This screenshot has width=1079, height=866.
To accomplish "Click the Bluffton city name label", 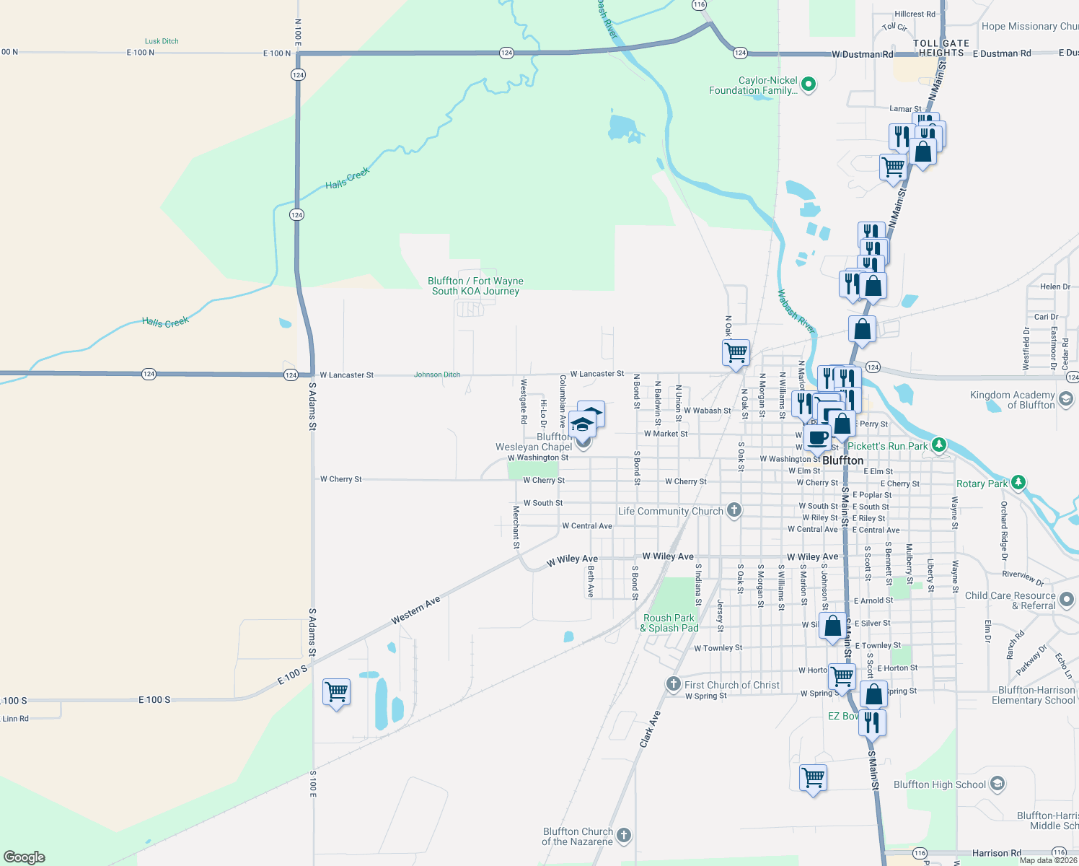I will coord(842,460).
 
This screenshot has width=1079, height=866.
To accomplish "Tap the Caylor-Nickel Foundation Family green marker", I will coord(809,84).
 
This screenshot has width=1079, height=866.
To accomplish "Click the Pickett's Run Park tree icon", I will coord(938,445).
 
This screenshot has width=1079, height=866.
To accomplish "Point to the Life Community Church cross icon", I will coord(734,510).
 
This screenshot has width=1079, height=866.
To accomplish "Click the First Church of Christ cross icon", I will coord(673,683).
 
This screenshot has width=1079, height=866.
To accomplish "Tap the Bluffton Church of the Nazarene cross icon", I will coord(624,835).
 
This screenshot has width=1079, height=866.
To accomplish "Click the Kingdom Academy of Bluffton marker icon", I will coord(1066,398).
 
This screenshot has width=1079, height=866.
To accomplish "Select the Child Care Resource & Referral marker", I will coord(1067,599).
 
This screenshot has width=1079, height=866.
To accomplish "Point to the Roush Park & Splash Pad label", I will coord(669,623).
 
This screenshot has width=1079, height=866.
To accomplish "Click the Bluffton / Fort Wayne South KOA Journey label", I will coord(475,286).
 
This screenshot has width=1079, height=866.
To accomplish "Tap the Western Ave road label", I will coord(415,611).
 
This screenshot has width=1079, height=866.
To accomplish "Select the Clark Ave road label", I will coord(650,729).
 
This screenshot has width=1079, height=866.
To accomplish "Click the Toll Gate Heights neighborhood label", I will coord(941,48).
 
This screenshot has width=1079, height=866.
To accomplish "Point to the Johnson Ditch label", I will coord(437,375).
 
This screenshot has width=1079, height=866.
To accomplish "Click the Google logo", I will coord(25,857).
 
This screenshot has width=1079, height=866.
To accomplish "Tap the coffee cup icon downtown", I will coord(818,437).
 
